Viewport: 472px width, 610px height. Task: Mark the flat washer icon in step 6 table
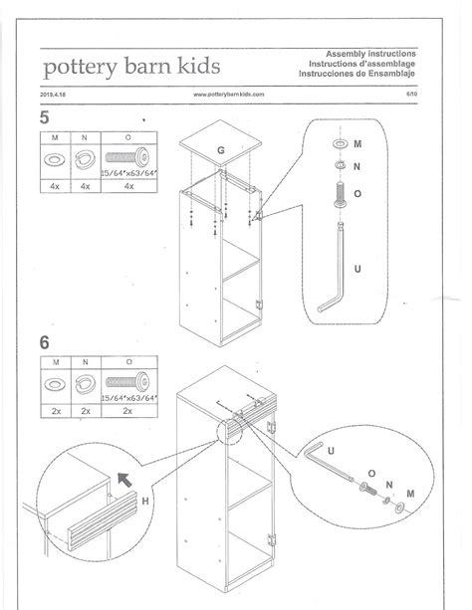[x=54, y=382]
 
